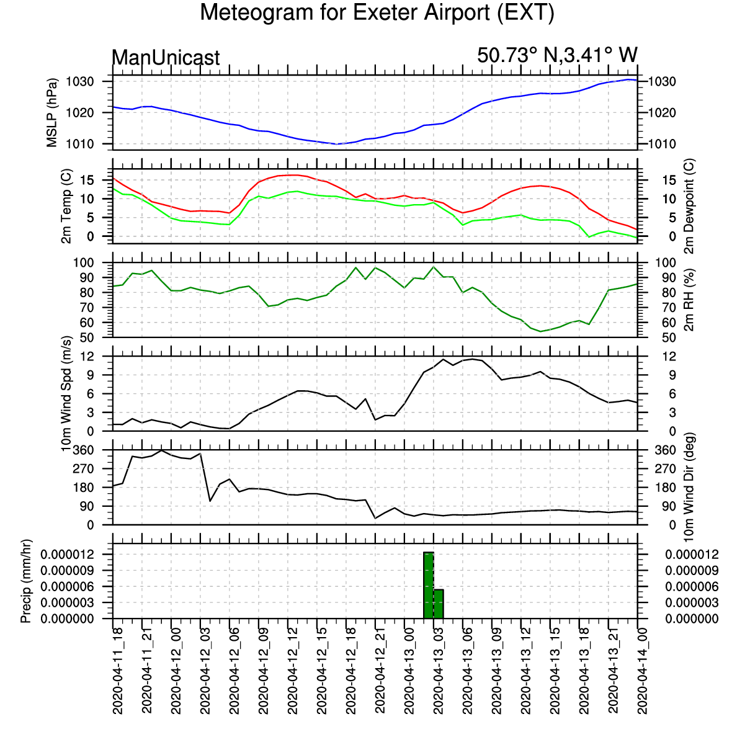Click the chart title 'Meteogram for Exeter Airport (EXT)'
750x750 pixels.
tap(377, 12)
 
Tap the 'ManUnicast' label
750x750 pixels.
tap(166, 58)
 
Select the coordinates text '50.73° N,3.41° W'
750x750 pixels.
tap(557, 55)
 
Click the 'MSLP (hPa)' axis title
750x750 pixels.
tap(51, 113)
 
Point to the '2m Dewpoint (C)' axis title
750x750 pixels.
tap(689, 206)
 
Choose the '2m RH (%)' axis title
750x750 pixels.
tap(689, 300)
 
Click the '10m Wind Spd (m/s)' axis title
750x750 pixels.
tap(66, 393)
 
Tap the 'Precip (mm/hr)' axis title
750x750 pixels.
tap(25, 581)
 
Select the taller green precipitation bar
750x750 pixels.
tap(429, 585)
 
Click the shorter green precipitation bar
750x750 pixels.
tap(439, 604)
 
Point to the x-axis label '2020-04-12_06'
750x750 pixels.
tap(234, 671)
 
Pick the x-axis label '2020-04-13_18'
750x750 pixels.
tap(584, 671)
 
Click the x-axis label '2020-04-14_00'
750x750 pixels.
tap(643, 671)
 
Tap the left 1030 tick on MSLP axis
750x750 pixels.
tap(80, 82)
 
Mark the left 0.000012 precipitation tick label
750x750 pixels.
tap(68, 554)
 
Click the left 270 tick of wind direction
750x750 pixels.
tap(83, 468)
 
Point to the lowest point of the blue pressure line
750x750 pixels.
tap(336, 144)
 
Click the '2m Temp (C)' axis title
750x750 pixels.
tap(66, 206)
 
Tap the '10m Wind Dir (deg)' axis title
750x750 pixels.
tap(689, 488)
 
